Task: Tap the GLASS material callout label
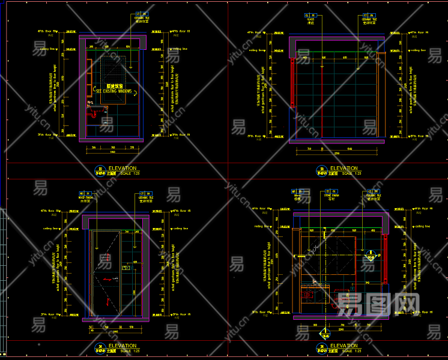[x=310, y=20]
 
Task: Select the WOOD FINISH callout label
[x=86, y=197]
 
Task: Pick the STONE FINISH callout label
[x=331, y=196]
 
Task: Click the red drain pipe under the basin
[x=95, y=115]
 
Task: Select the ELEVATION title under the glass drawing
[x=344, y=168]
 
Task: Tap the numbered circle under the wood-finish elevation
[x=99, y=347]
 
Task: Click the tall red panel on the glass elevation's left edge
[x=292, y=84]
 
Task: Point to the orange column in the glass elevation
[x=378, y=96]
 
